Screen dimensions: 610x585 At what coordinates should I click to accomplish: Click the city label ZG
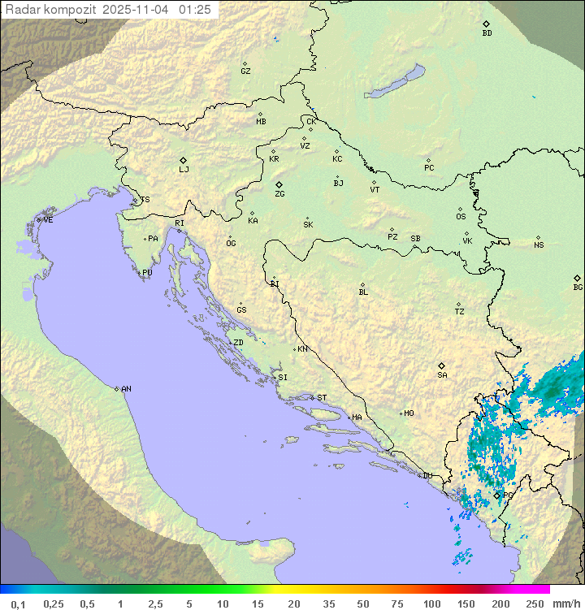click(279, 195)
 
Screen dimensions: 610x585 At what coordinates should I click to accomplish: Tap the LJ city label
click(184, 170)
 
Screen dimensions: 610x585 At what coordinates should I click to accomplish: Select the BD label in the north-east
click(487, 33)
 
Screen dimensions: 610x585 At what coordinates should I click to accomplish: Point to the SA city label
click(442, 375)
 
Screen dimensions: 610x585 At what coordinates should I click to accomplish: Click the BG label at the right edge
click(578, 288)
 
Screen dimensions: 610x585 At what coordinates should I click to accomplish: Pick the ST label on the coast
click(322, 398)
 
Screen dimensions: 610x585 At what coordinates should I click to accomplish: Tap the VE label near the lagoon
click(48, 220)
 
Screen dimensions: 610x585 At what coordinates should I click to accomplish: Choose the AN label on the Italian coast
click(126, 389)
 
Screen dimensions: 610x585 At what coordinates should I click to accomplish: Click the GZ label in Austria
click(245, 71)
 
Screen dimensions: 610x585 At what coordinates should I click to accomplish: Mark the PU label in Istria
click(147, 273)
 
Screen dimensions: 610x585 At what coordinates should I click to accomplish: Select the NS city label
click(539, 245)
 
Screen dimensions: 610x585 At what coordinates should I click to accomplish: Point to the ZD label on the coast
click(238, 343)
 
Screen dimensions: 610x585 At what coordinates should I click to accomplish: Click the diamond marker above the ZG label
click(279, 185)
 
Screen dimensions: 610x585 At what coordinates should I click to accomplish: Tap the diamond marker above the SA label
click(441, 366)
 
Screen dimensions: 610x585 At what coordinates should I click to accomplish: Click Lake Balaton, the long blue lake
click(395, 82)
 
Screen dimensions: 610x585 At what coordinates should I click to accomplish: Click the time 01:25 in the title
click(195, 10)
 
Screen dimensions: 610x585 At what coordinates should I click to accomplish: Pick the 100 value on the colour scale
click(431, 603)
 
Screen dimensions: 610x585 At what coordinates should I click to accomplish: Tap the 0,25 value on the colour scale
click(54, 603)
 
